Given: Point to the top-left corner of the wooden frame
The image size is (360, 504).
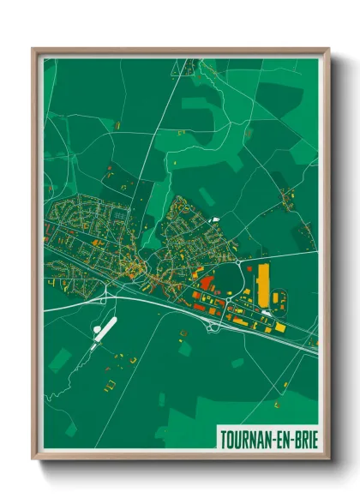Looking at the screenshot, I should [33, 49].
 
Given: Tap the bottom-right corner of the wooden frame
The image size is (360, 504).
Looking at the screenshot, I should [329, 459].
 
